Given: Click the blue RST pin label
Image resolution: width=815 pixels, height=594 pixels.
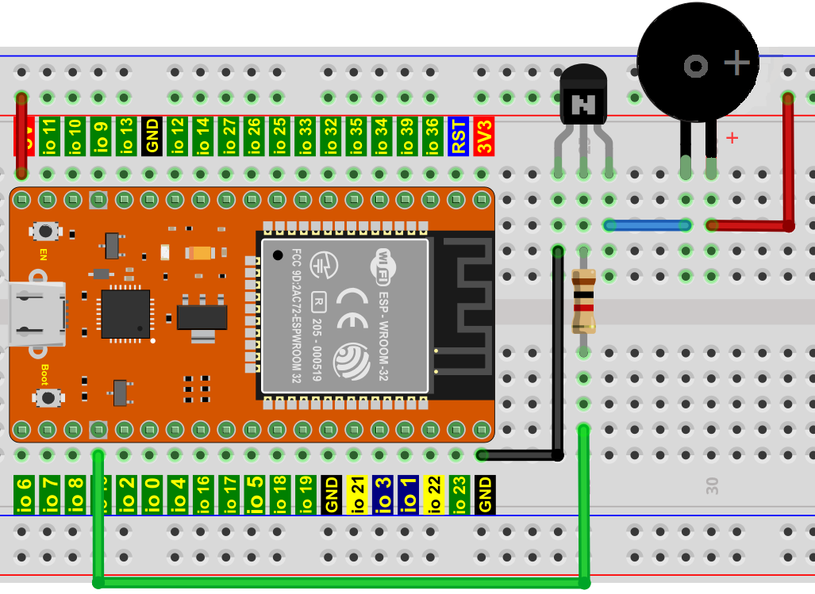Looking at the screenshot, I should tap(458, 136).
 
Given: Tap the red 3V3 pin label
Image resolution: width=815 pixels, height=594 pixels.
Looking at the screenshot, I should tap(484, 136).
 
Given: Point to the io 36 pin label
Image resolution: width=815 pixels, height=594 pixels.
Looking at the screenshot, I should tap(432, 136).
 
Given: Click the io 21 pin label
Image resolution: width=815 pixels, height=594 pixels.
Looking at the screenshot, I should tap(356, 494).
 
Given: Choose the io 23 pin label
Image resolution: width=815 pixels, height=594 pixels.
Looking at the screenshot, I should tap(459, 494).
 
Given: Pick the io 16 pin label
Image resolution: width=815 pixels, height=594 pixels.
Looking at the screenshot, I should tap(203, 494).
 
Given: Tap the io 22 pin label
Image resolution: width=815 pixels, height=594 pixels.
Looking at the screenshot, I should tap(433, 494).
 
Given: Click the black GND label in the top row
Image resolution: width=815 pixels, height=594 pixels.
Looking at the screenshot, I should tap(152, 136).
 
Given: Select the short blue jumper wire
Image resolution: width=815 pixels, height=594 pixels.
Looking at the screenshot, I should tap(647, 225).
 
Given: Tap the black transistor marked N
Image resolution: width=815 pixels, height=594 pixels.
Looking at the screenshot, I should tap(584, 101).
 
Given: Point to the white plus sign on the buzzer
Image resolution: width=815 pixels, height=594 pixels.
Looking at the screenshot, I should tap(738, 62).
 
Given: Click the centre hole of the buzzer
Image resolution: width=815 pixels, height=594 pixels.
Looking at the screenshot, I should tap(696, 67).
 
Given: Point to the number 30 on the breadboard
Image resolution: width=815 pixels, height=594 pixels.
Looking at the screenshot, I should tap(713, 486).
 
